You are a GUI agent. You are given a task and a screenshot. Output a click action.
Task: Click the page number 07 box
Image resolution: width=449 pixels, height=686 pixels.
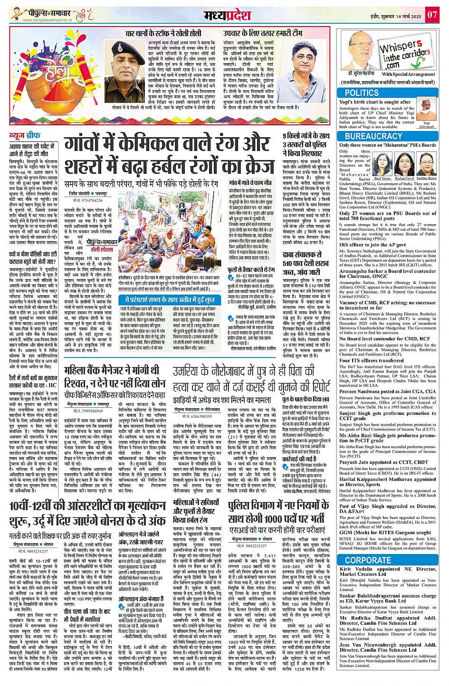pos(431,15)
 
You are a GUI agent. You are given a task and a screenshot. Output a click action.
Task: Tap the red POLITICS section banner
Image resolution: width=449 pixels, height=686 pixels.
pos(362,93)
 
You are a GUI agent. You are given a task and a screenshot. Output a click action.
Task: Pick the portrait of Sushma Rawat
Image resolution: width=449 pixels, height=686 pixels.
pos(426,164)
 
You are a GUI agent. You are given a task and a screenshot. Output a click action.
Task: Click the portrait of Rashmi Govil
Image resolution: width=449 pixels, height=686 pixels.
pos(404,164)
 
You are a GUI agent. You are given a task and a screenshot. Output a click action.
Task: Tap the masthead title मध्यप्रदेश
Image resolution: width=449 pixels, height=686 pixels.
pos(227,15)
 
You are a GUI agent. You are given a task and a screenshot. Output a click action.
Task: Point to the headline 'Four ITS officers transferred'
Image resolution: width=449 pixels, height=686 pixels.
pos(371,360)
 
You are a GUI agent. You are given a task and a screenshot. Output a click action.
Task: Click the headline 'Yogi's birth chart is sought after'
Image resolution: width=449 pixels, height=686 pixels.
pos(375,102)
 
